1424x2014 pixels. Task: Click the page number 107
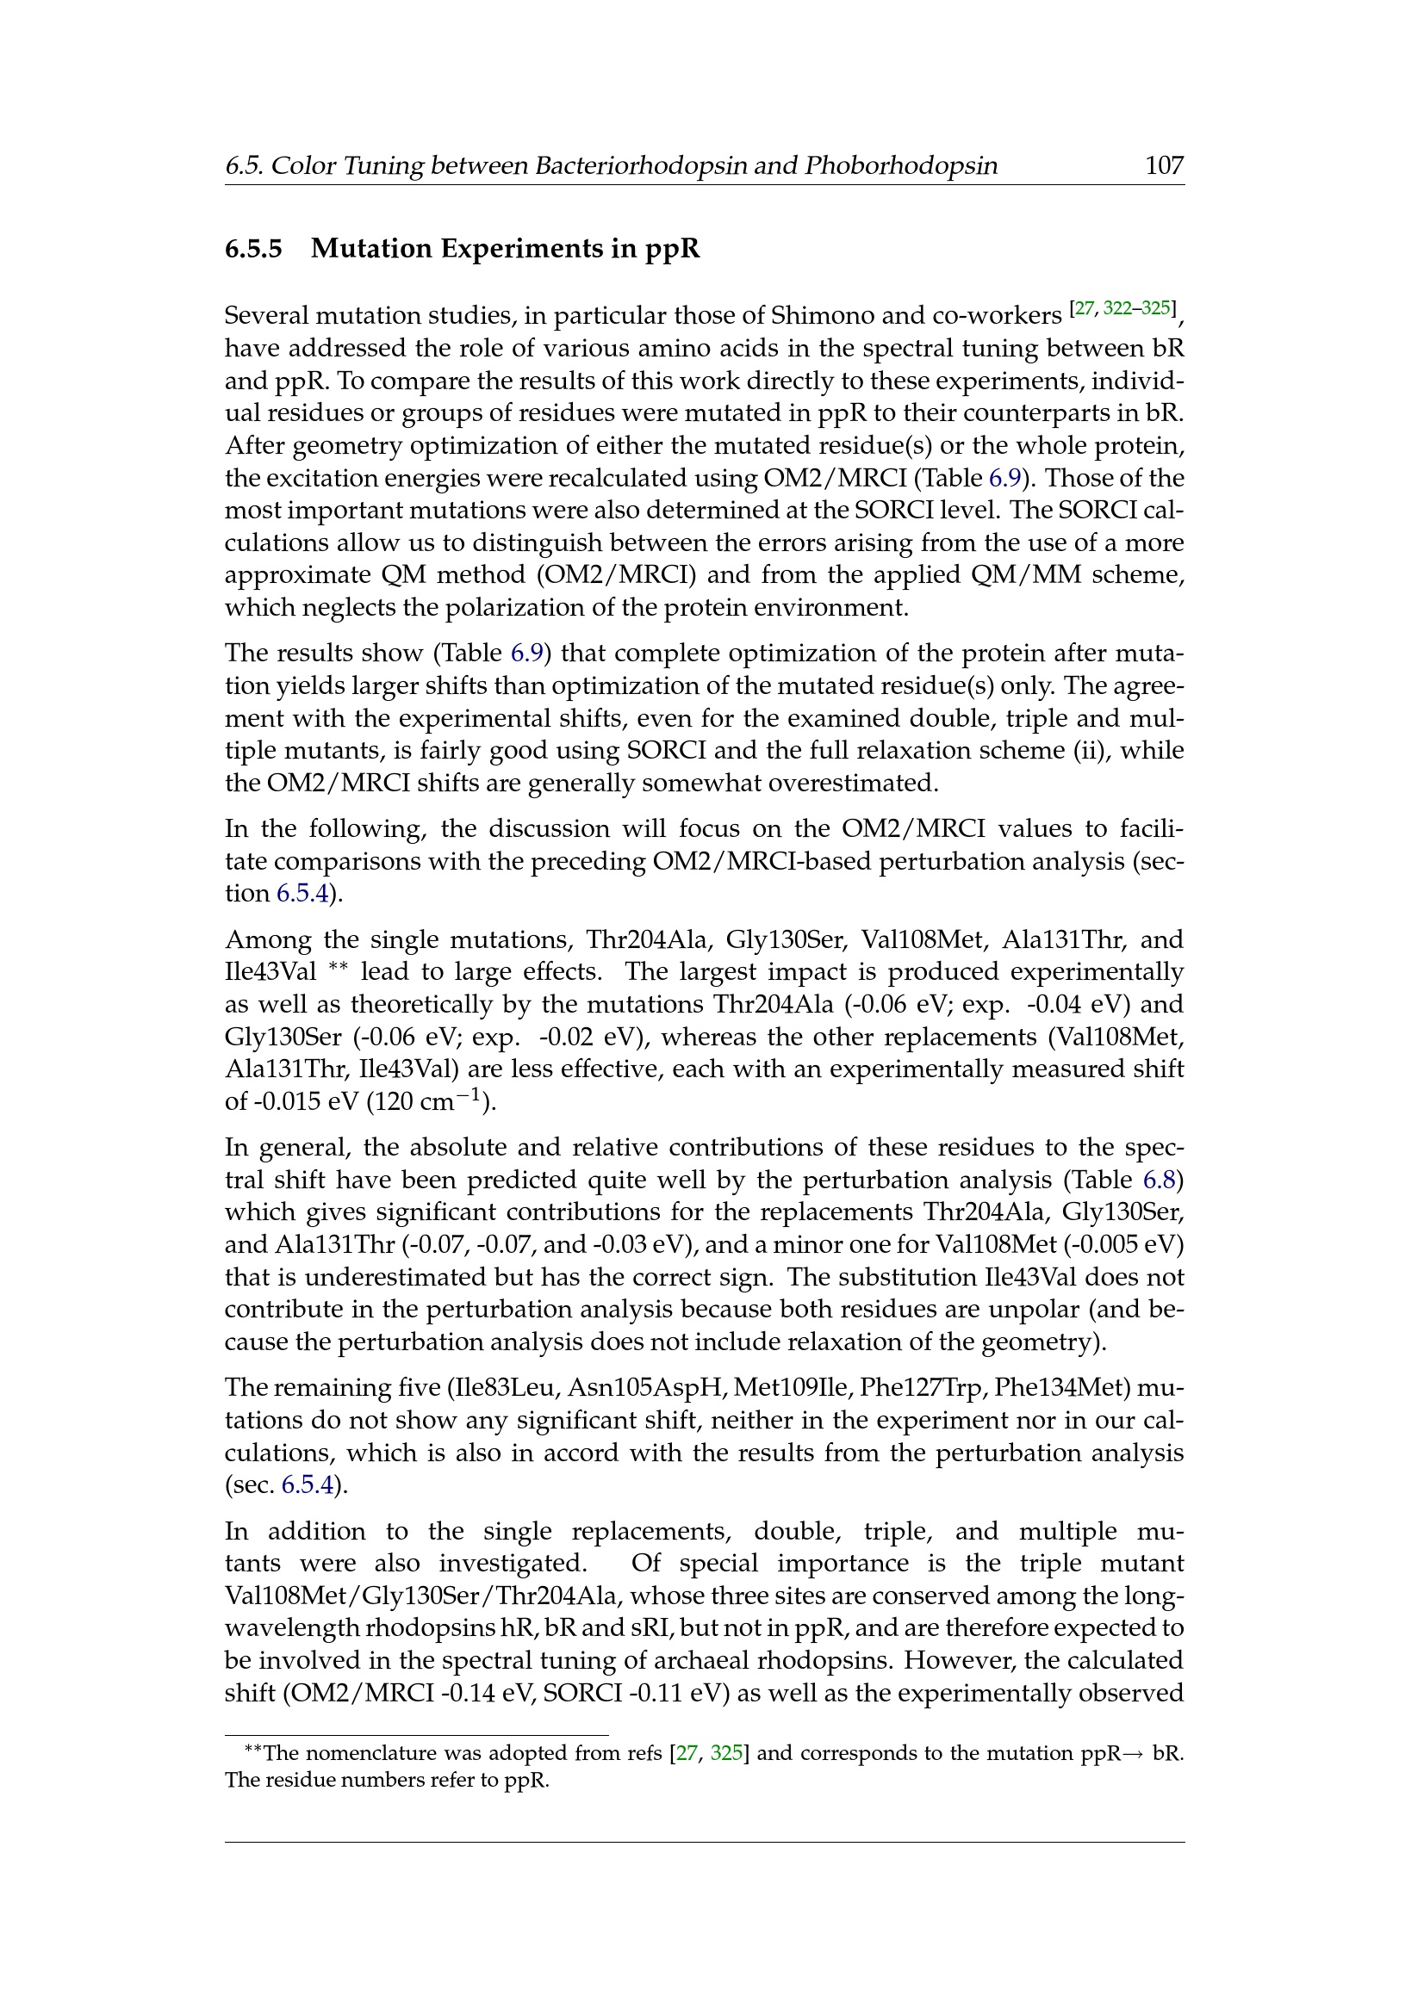point(1165,165)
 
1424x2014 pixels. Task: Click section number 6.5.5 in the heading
point(253,249)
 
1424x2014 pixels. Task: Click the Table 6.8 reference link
point(1166,1180)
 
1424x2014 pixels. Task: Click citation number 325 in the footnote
point(726,1753)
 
